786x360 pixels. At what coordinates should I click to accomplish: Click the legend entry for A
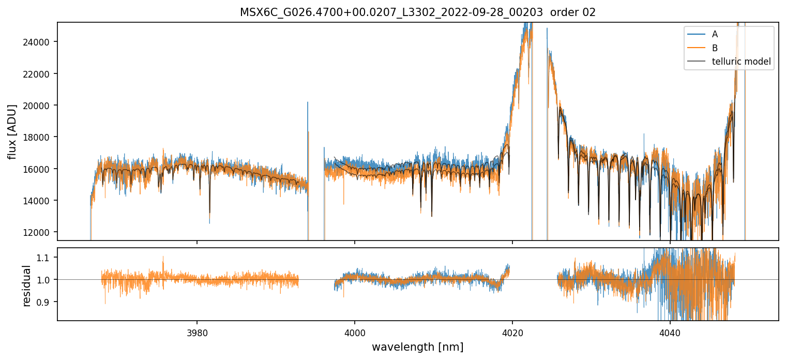coord(715,34)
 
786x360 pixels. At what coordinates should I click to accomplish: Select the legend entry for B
coord(715,48)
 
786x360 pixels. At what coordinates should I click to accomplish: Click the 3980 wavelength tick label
coord(197,331)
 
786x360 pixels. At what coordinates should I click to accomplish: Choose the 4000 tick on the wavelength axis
coord(355,331)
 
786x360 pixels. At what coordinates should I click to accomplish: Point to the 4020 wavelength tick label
coord(512,331)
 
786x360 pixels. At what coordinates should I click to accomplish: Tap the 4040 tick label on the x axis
coord(670,331)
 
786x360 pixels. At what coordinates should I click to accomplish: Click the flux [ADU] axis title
coord(12,131)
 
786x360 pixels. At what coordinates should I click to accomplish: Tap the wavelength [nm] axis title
coord(417,347)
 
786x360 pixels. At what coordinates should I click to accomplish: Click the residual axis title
coord(26,286)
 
